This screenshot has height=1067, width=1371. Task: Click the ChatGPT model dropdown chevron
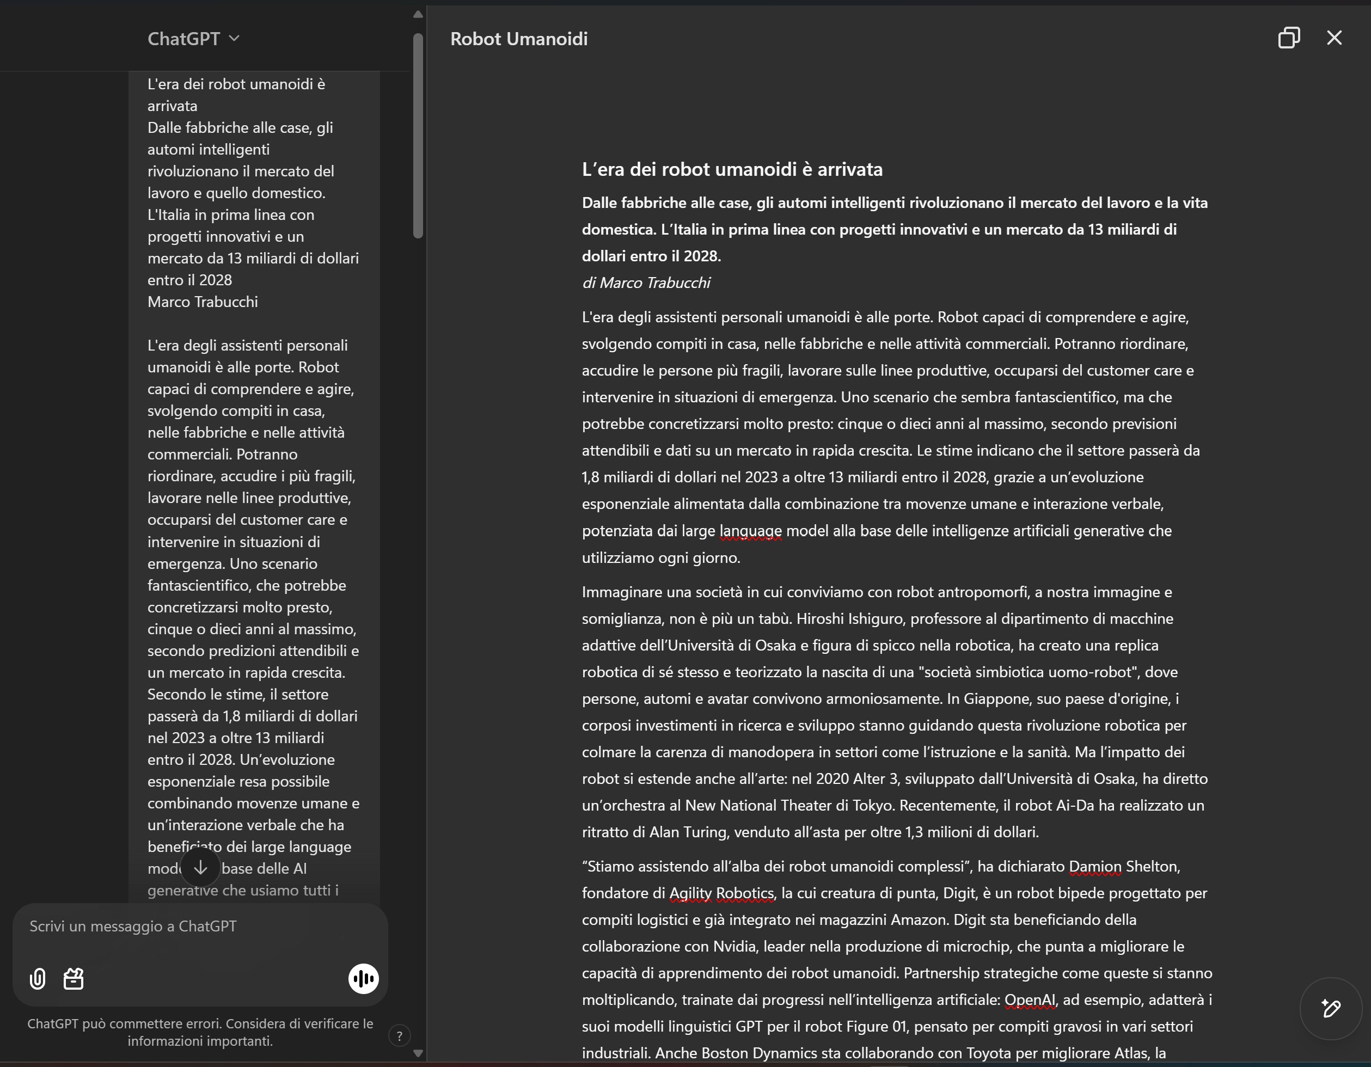point(234,38)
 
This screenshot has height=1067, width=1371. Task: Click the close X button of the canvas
point(1334,38)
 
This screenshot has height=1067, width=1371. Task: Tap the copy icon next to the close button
point(1289,38)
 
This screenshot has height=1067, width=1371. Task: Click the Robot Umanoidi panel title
point(518,39)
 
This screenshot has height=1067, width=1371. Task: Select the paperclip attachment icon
point(38,978)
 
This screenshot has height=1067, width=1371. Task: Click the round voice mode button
point(364,978)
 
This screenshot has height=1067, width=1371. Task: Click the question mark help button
point(399,1035)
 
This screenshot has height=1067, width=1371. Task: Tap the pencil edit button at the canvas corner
point(1331,1009)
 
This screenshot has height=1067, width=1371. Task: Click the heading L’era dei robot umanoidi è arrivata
point(732,169)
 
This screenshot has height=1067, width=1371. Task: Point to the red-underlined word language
point(750,531)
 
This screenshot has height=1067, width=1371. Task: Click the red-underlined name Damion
point(1095,867)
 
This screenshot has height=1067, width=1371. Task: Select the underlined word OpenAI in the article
point(1030,1000)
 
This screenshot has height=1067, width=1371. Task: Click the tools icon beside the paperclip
point(74,978)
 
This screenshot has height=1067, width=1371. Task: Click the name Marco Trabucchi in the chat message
point(202,302)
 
